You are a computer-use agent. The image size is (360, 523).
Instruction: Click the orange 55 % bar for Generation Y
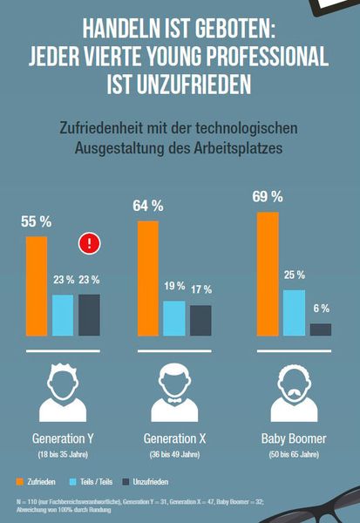point(37,286)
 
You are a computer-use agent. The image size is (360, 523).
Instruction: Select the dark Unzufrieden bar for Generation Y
point(89,315)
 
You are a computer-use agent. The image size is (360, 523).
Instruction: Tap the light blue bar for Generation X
point(174,318)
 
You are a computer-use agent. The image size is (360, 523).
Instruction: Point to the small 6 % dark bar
point(321,329)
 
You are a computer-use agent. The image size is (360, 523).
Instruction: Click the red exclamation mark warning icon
point(89,243)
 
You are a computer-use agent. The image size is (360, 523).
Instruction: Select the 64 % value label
point(148,207)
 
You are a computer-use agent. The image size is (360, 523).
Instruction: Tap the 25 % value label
point(294,275)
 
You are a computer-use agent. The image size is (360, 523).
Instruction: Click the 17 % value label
point(200,289)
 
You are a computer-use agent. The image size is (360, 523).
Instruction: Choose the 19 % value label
point(174,286)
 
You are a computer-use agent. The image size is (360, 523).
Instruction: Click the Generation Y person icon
point(62,393)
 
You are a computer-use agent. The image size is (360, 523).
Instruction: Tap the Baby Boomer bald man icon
point(294,393)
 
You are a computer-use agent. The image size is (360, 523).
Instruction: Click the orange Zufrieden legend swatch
point(20,481)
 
